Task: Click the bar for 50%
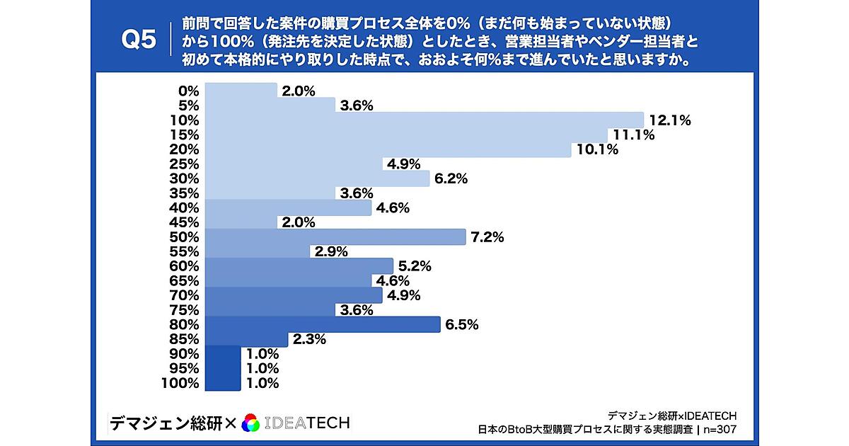click(335, 237)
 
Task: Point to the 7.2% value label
click(487, 238)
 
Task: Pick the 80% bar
click(322, 324)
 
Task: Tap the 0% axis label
click(189, 91)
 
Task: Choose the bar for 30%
click(316, 179)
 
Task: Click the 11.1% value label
click(634, 135)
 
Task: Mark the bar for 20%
click(387, 149)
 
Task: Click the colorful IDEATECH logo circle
click(250, 423)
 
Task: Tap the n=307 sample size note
click(720, 429)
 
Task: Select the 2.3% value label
click(308, 340)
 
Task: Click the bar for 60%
click(299, 266)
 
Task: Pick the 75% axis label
click(185, 310)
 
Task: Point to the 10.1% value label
click(598, 150)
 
